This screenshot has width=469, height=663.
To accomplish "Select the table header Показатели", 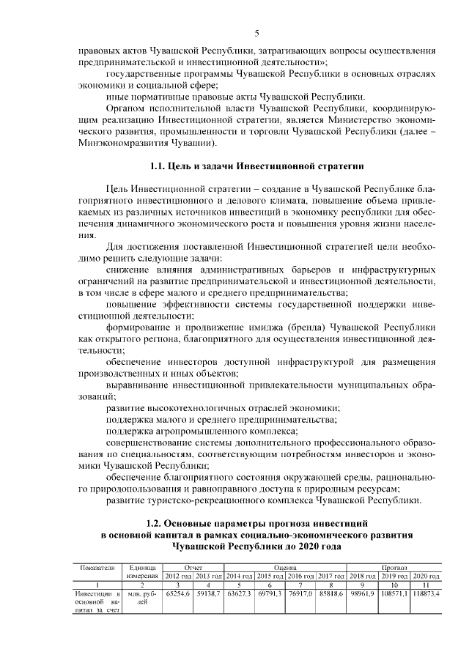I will coord(94,566).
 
